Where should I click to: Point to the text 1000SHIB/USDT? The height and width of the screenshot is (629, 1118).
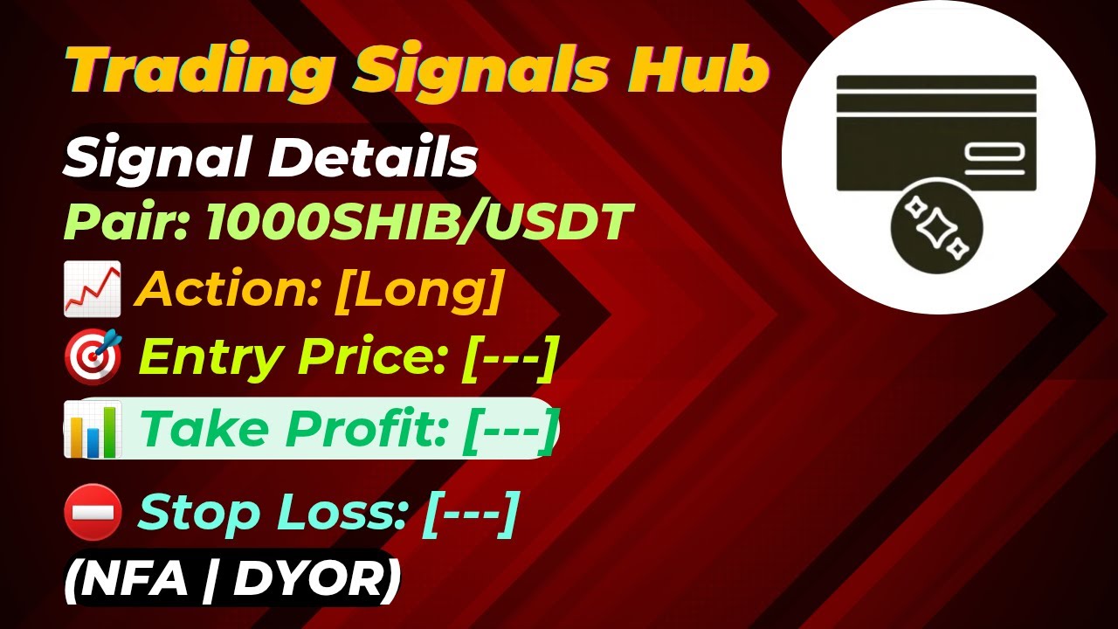pyautogui.click(x=418, y=223)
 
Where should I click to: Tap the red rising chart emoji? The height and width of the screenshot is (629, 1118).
pyautogui.click(x=92, y=291)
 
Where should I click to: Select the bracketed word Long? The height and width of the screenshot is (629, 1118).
pyautogui.click(x=418, y=289)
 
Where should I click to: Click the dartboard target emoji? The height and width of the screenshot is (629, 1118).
pyautogui.click(x=93, y=357)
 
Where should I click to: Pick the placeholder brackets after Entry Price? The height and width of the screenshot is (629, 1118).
pyautogui.click(x=508, y=357)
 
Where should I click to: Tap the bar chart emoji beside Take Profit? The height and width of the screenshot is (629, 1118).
pyautogui.click(x=91, y=429)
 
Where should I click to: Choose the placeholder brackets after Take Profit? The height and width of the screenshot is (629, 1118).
pyautogui.click(x=509, y=428)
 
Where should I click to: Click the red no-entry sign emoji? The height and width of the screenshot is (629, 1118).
pyautogui.click(x=93, y=512)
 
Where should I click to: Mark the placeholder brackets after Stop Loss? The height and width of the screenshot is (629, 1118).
pyautogui.click(x=470, y=512)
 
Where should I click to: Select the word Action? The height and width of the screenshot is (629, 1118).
pyautogui.click(x=229, y=289)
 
